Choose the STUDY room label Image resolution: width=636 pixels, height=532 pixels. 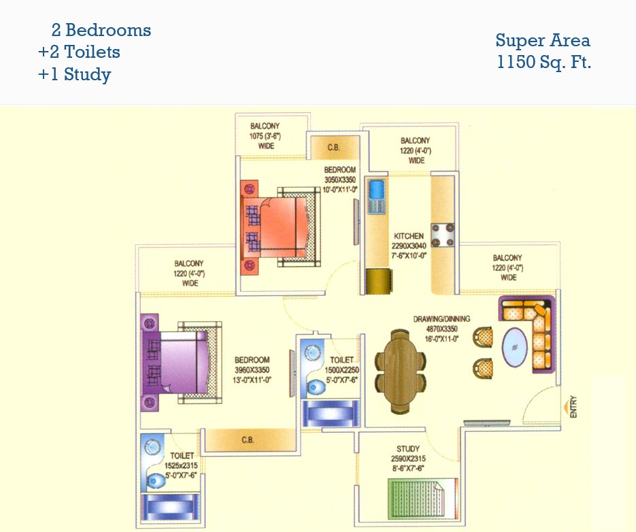click(x=408, y=449)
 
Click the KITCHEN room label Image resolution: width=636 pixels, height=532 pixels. click(x=408, y=236)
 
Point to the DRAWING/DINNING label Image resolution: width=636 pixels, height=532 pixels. click(x=441, y=318)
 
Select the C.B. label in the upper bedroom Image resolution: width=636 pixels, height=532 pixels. click(x=333, y=148)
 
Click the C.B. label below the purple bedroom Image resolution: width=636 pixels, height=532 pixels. click(x=248, y=440)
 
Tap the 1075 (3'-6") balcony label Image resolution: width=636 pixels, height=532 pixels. click(x=265, y=136)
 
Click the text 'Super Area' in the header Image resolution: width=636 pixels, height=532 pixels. click(x=542, y=40)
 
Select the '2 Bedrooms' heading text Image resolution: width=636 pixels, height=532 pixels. click(x=101, y=30)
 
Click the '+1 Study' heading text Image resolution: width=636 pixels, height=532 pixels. click(x=75, y=74)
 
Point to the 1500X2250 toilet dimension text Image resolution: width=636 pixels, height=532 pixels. click(x=341, y=370)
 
